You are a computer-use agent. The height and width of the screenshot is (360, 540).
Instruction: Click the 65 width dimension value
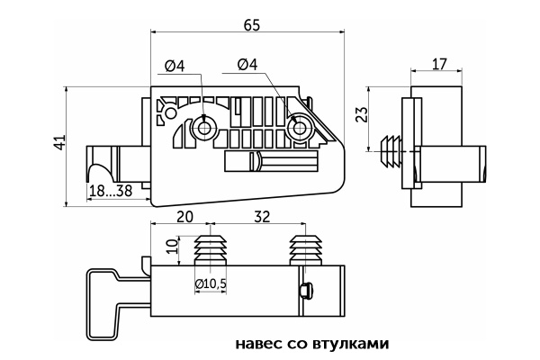[251, 25]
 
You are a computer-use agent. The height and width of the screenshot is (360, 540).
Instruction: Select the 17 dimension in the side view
[439, 65]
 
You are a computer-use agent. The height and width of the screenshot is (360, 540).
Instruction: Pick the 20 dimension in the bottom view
[184, 218]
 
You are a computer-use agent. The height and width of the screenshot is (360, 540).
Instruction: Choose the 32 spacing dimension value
[262, 218]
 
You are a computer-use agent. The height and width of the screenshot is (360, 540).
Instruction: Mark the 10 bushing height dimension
[172, 247]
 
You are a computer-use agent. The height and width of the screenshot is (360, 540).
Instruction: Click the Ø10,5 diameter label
[211, 285]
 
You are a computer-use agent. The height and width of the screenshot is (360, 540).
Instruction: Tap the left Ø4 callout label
[175, 65]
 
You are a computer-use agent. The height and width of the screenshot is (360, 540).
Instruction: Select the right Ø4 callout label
[247, 65]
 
